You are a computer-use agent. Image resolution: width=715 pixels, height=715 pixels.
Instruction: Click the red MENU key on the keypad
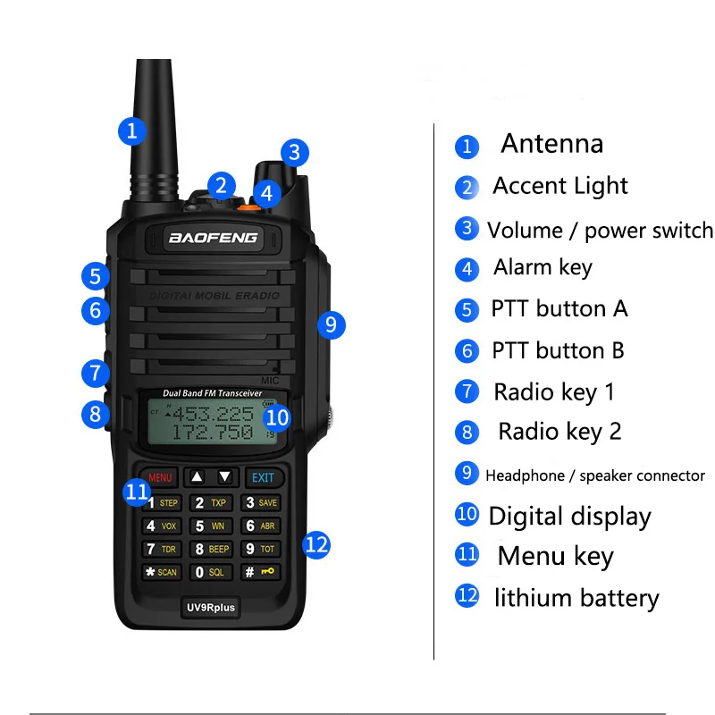[x=160, y=477]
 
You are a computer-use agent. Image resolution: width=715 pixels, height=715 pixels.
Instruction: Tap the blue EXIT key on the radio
[x=263, y=477]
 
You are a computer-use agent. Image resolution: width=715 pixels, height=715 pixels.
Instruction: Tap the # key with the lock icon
[x=262, y=572]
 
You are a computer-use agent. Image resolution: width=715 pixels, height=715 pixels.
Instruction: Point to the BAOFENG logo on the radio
[x=213, y=238]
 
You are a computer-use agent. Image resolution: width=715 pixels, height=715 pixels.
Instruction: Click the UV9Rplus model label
[x=212, y=608]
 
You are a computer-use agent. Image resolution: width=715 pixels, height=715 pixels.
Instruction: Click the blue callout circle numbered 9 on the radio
[x=331, y=324]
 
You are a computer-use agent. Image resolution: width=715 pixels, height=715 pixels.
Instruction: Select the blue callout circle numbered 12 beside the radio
[x=317, y=544]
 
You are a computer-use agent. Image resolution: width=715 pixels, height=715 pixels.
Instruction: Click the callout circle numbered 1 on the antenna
[x=132, y=131]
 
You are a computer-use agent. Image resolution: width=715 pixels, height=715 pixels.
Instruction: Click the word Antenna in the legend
[x=551, y=144]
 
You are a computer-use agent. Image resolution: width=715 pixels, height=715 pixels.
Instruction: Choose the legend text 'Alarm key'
[x=543, y=267]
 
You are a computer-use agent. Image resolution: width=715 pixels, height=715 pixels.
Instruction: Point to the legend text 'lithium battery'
[x=576, y=598]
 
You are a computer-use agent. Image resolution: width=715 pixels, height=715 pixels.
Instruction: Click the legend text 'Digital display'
[x=569, y=516]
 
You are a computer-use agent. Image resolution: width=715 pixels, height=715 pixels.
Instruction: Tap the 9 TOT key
[x=262, y=549]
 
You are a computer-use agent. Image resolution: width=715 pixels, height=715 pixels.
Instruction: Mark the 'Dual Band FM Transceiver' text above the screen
[x=212, y=393]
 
